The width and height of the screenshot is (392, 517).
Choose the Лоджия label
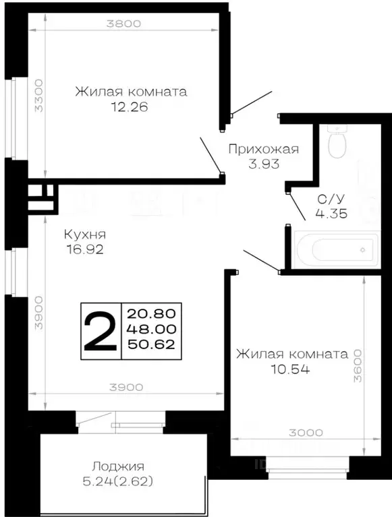click(x=119, y=466)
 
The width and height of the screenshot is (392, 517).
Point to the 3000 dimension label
click(x=296, y=433)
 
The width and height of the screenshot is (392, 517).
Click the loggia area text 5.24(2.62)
click(x=119, y=481)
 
